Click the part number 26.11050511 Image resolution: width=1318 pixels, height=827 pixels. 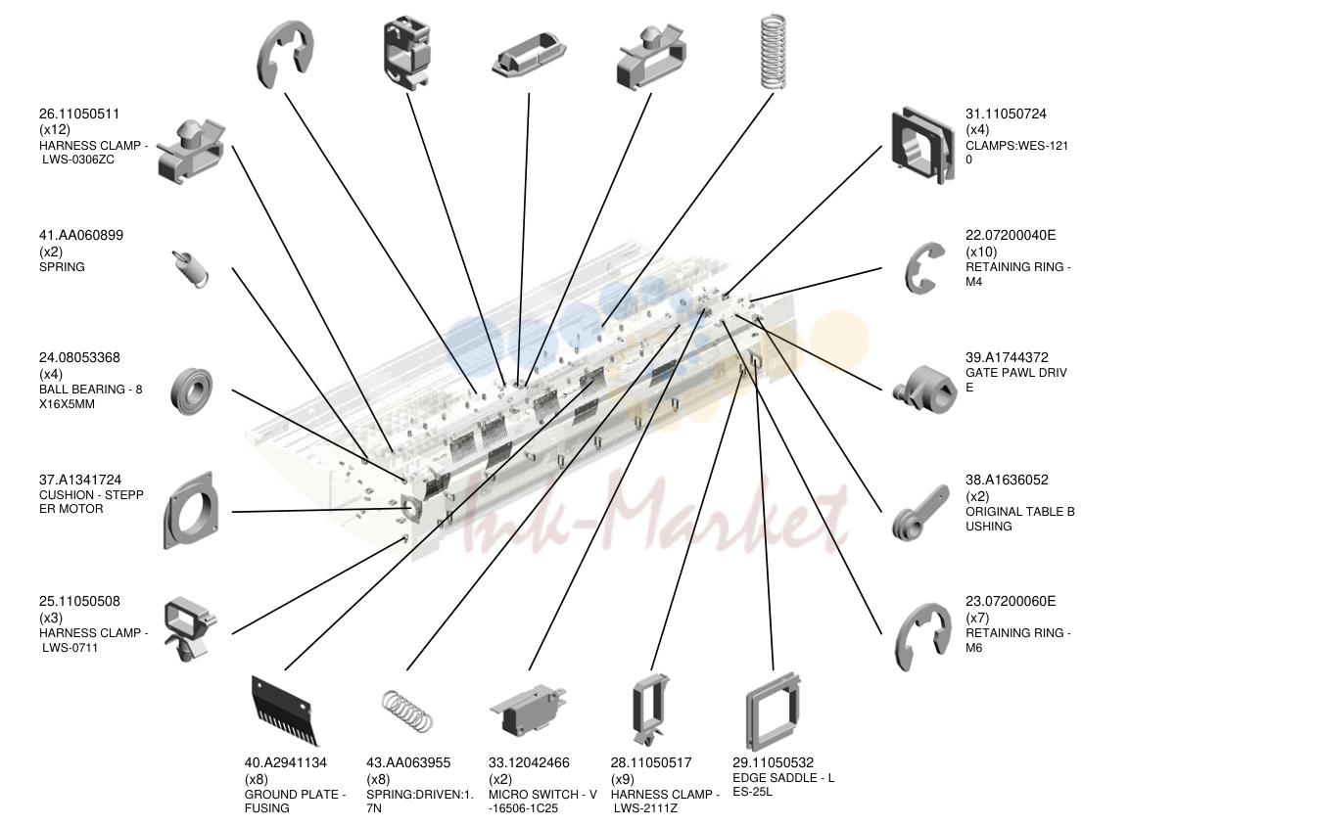79,114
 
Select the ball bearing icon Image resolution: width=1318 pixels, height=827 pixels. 191,391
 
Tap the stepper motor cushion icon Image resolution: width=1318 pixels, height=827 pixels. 189,511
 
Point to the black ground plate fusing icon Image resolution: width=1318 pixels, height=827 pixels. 285,712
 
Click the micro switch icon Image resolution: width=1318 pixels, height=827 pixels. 528,710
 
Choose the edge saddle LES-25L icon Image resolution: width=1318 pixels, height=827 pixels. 773,712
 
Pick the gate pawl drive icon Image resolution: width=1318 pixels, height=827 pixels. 924,390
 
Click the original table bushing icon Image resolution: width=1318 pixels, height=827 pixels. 920,512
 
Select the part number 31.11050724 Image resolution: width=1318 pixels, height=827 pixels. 1006,114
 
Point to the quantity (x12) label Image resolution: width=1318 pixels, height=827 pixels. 55,129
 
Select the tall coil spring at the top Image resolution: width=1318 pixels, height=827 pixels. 773,52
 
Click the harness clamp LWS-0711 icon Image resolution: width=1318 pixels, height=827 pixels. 189,629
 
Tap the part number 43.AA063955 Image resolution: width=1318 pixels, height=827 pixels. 408,762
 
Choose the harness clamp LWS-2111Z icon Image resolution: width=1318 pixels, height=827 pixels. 651,710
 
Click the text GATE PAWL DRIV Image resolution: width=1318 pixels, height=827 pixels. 1016,372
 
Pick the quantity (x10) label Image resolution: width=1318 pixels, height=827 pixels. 981,252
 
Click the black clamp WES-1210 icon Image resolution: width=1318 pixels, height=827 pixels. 922,145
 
